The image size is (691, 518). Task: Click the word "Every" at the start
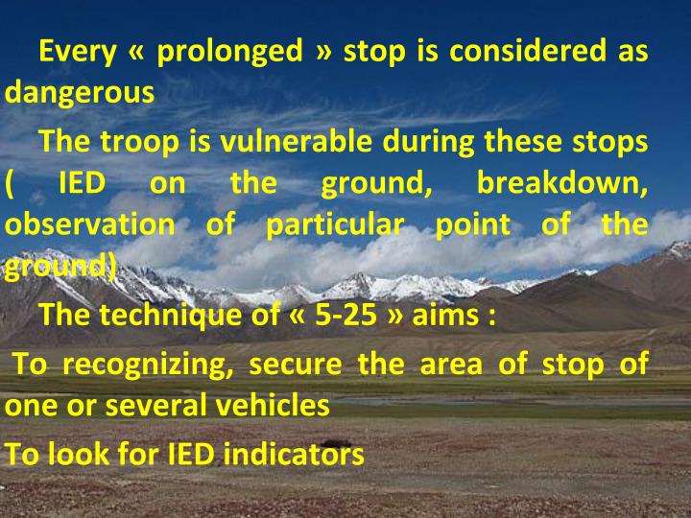[76, 51]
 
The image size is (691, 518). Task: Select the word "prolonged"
[229, 51]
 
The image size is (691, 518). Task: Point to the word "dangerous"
[80, 94]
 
